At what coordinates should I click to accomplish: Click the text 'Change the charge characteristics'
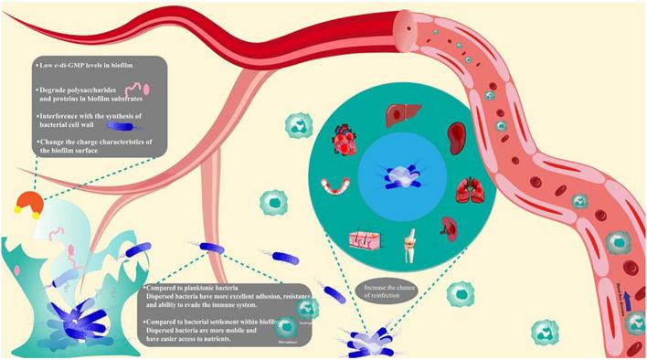pyautogui.click(x=101, y=143)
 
